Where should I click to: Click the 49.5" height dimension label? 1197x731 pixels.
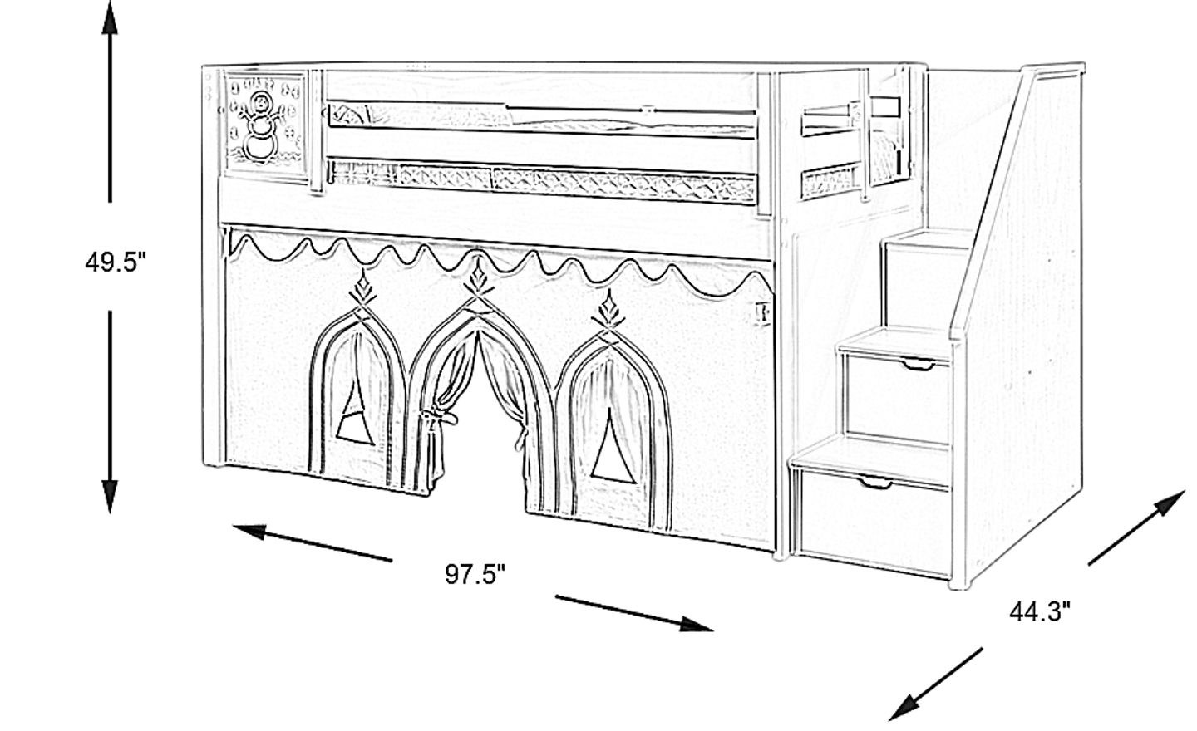point(115,262)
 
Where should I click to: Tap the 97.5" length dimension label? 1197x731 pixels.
point(475,575)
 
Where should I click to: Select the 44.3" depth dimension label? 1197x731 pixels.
point(1040,612)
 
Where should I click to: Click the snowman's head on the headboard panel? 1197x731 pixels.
point(260,101)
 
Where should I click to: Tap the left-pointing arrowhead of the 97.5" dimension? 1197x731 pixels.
point(249,532)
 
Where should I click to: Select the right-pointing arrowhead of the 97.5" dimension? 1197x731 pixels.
point(697,624)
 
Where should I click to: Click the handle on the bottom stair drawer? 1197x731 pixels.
point(875,483)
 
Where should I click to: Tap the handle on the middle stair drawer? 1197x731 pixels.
point(919,365)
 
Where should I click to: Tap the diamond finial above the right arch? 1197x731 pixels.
point(608,308)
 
